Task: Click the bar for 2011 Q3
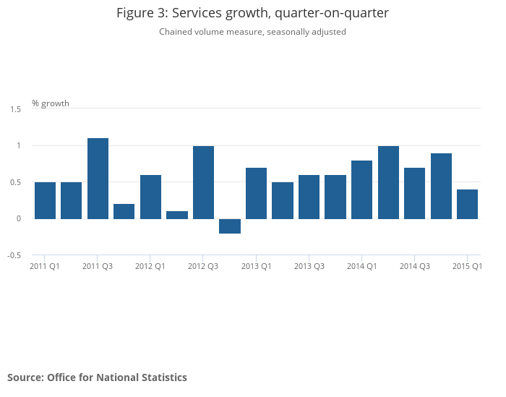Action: point(98,178)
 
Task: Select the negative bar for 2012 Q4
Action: point(230,226)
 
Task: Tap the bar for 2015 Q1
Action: point(467,204)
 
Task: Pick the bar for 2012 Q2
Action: point(177,215)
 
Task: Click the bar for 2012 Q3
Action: point(203,182)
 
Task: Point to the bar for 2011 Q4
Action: point(124,211)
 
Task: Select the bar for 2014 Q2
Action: point(388,182)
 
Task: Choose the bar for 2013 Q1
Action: point(256,193)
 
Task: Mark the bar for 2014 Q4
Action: point(441,186)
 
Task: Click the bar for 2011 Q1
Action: point(45,200)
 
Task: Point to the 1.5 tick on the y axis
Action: point(15,108)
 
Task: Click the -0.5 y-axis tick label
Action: point(14,255)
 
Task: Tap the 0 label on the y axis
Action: point(19,218)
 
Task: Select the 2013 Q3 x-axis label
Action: point(309,266)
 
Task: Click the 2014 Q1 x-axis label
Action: point(361,266)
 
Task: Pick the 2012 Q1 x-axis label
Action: point(150,266)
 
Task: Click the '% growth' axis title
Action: point(51,103)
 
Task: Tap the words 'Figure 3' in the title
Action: point(140,13)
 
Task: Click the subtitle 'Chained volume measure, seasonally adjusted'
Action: point(252,32)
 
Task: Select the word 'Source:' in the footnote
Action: point(25,377)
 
